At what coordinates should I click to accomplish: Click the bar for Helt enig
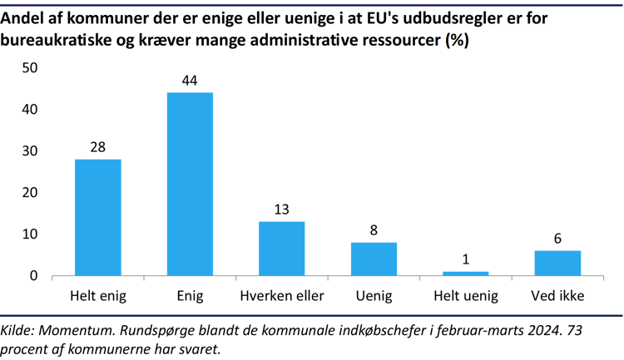pyautogui.click(x=98, y=217)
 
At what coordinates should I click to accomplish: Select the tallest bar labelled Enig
pyautogui.click(x=190, y=184)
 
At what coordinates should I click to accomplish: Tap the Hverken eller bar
pyautogui.click(x=281, y=248)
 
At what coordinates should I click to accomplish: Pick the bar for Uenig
pyautogui.click(x=374, y=259)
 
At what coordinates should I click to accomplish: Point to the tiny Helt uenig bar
pyautogui.click(x=465, y=273)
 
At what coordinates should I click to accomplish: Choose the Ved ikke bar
pyautogui.click(x=557, y=263)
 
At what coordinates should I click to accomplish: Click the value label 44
pyautogui.click(x=190, y=81)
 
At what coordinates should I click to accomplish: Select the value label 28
pyautogui.click(x=98, y=147)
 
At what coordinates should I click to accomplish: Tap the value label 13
pyautogui.click(x=281, y=210)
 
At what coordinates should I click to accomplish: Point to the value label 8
pyautogui.click(x=374, y=230)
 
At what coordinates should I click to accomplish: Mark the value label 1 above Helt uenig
pyautogui.click(x=465, y=259)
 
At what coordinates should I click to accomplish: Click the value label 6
pyautogui.click(x=557, y=239)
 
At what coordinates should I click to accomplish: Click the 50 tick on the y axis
pyautogui.click(x=30, y=68)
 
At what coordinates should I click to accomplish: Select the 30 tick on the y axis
pyautogui.click(x=30, y=151)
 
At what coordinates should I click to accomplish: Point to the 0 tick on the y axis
pyautogui.click(x=34, y=276)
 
